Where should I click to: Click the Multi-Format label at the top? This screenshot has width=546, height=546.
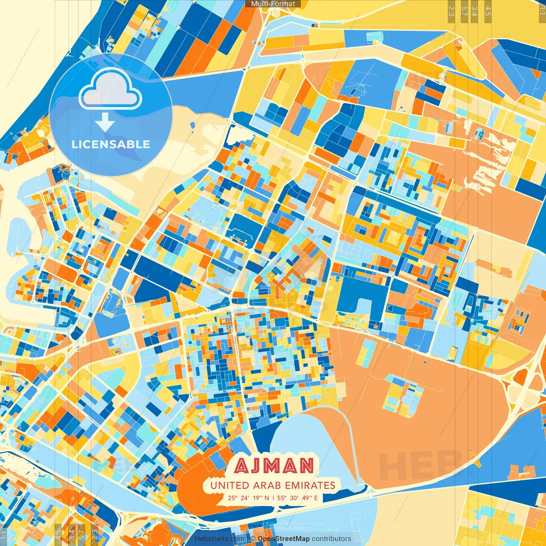coord(273,4)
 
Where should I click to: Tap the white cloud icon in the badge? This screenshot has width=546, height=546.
coord(110,90)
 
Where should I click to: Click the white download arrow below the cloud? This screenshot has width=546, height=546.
coord(105,122)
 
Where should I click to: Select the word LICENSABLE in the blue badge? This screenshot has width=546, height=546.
coord(111,144)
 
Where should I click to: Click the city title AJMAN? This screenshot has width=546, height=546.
coord(274,466)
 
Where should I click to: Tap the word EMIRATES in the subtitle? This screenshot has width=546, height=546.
coord(310,485)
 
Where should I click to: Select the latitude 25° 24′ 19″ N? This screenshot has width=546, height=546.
coord(248,498)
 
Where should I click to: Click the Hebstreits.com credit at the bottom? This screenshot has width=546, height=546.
coord(219,539)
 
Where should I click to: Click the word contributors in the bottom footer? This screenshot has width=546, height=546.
coord(331,539)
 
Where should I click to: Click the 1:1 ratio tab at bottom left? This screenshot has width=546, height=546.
coord(4,534)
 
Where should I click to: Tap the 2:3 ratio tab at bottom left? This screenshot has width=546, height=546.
coord(94,534)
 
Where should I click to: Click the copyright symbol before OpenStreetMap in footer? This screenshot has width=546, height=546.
coord(253,539)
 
